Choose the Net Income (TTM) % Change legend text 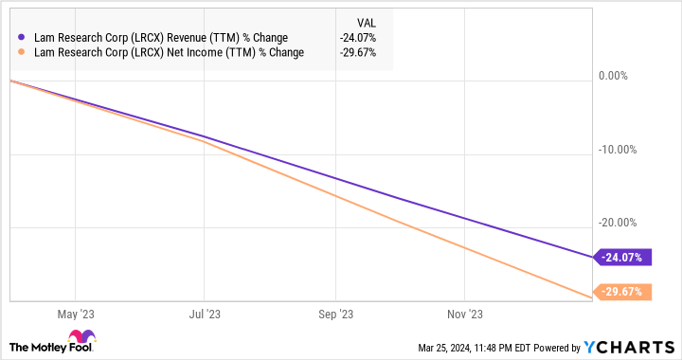[x=168, y=52]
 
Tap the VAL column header [x=365, y=21]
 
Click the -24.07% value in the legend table [x=358, y=38]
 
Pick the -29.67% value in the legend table [x=358, y=52]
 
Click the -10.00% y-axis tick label [x=617, y=150]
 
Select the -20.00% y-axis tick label [x=617, y=223]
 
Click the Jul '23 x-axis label [x=206, y=314]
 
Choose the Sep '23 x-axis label [x=335, y=314]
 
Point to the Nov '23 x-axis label [x=465, y=314]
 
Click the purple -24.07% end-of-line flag [x=621, y=257]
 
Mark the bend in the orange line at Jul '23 [x=205, y=142]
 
